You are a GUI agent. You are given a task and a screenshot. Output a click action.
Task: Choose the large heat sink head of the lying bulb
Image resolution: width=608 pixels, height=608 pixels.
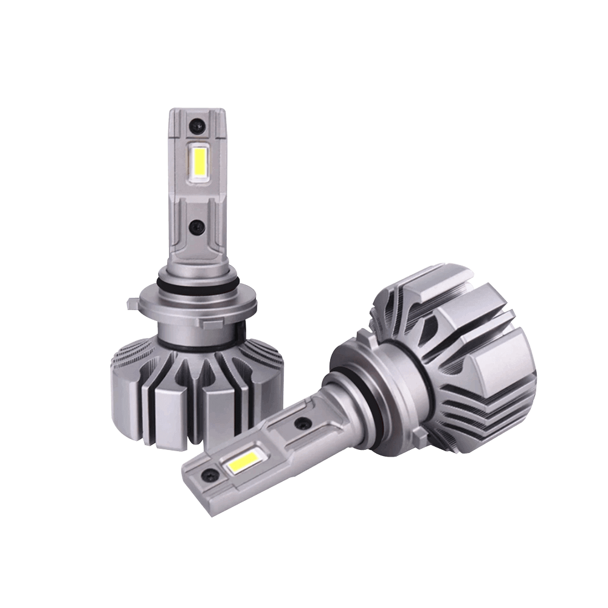462,359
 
